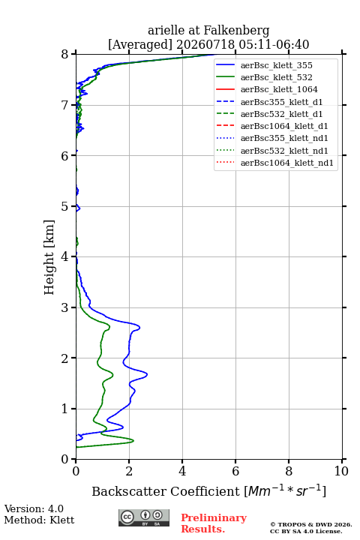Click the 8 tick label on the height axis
point(64,55)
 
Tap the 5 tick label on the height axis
point(64,206)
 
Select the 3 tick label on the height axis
point(64,307)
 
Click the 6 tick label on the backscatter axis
point(235,471)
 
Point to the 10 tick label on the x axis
point(341,471)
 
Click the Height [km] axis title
point(49,257)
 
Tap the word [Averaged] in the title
point(140,44)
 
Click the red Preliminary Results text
point(214,523)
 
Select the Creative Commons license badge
point(144,518)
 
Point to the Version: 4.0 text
point(34,508)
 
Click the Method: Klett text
point(39,520)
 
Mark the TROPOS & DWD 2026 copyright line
point(311,524)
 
